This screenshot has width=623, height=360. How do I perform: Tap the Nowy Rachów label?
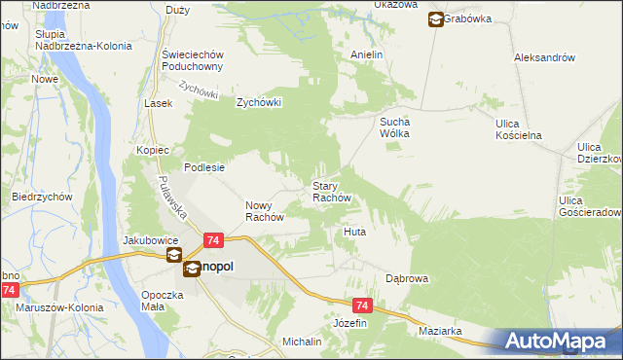[264, 211]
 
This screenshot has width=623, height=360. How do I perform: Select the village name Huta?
[354, 234]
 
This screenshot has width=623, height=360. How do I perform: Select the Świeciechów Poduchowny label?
[195, 60]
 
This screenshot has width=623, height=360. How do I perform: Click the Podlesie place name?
[204, 167]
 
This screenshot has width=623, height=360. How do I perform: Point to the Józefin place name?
[350, 322]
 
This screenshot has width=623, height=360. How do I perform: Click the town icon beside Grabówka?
[435, 18]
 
